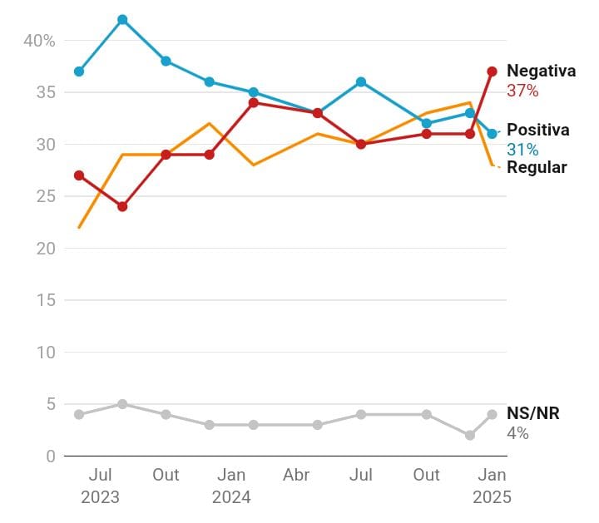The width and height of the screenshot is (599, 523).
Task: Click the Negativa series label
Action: pyautogui.click(x=541, y=71)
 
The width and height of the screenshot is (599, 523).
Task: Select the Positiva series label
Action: pyautogui.click(x=537, y=130)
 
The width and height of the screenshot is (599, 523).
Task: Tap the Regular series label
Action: pyautogui.click(x=537, y=167)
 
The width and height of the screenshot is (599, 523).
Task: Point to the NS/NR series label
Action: pyautogui.click(x=532, y=413)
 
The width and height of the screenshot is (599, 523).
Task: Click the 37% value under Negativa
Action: pyautogui.click(x=522, y=91)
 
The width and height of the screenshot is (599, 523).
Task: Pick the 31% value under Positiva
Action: pyautogui.click(x=522, y=150)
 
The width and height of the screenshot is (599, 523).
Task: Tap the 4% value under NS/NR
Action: pyautogui.click(x=517, y=433)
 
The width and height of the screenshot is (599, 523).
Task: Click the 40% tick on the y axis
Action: pyautogui.click(x=38, y=40)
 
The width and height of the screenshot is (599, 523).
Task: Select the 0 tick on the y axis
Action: pyautogui.click(x=49, y=456)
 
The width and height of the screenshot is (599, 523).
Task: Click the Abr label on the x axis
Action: pyautogui.click(x=296, y=475)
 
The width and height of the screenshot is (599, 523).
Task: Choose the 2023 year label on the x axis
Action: pyautogui.click(x=100, y=497)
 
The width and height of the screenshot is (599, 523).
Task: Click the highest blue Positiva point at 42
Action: pyautogui.click(x=122, y=19)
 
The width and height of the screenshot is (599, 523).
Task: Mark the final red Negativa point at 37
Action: pyautogui.click(x=492, y=72)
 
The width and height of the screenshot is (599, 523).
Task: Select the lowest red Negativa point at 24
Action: pyautogui.click(x=122, y=206)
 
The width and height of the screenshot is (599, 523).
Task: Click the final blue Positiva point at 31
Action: pyautogui.click(x=492, y=134)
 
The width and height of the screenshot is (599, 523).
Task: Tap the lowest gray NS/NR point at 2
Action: pyautogui.click(x=470, y=435)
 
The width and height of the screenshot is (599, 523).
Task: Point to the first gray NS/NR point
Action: pyautogui.click(x=79, y=414)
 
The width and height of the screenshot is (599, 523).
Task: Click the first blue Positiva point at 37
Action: pyautogui.click(x=79, y=72)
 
